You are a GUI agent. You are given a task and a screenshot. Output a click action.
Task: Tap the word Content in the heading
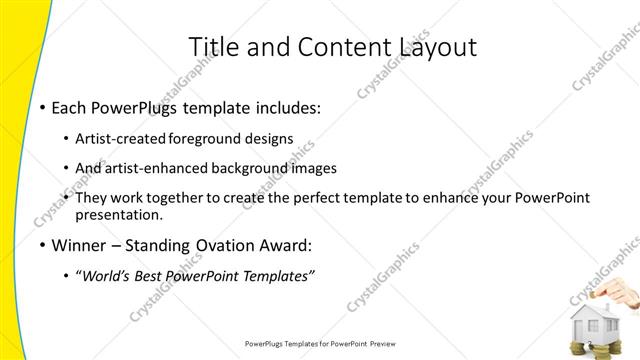(x=336, y=46)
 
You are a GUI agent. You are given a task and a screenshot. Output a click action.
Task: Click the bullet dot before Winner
(x=41, y=245)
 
